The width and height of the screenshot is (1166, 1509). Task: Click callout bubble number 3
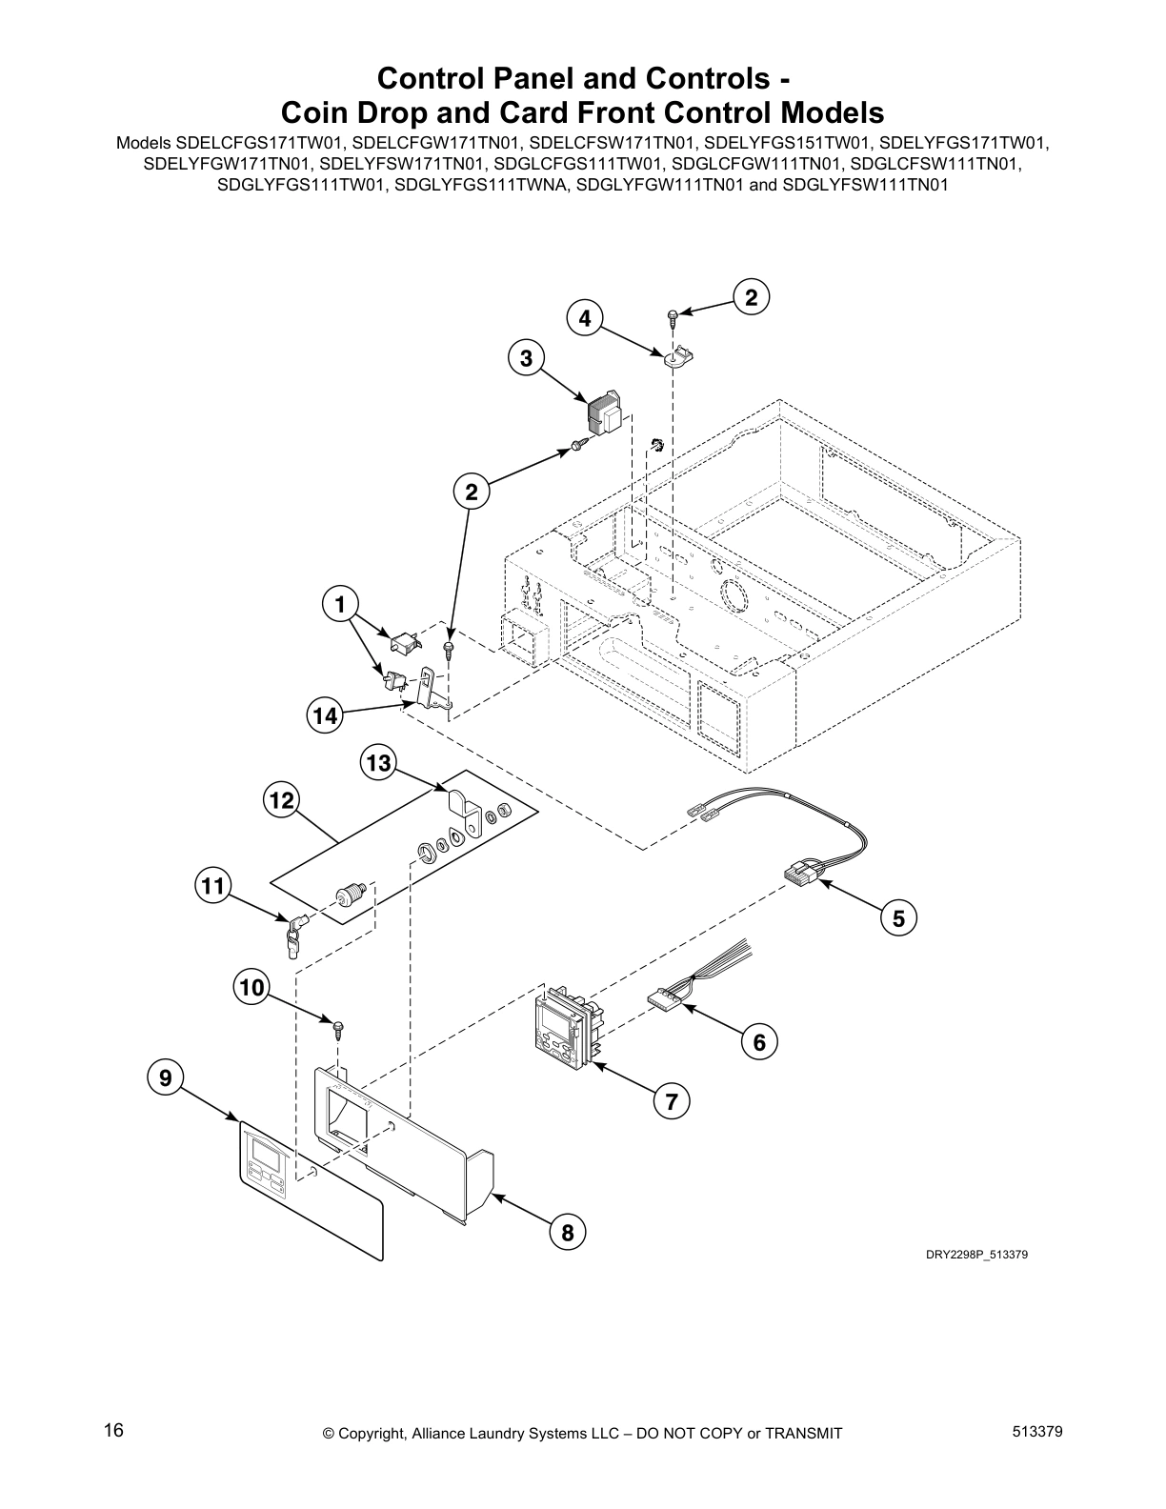click(526, 359)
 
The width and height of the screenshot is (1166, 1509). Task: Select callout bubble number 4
click(585, 318)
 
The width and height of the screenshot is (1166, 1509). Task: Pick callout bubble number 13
click(378, 763)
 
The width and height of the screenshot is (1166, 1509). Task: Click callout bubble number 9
click(166, 1077)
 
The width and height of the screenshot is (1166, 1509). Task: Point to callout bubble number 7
click(672, 1102)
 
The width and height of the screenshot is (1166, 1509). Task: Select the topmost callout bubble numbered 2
click(752, 298)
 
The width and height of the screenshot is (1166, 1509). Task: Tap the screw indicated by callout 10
click(337, 1029)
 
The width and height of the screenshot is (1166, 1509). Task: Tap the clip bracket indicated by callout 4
click(677, 358)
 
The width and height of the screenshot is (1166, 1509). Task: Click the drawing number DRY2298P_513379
click(976, 1255)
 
